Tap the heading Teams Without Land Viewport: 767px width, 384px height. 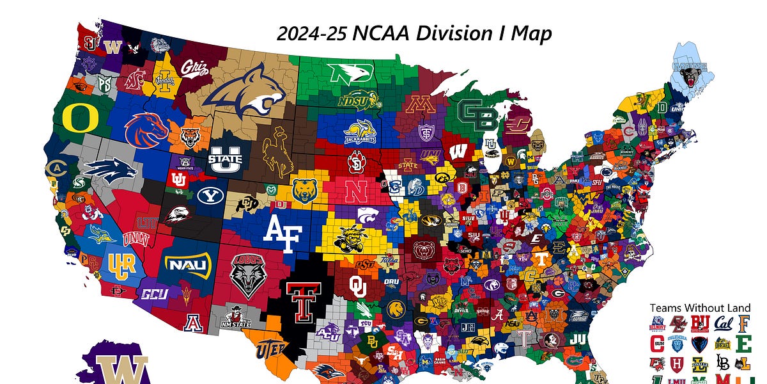(700, 308)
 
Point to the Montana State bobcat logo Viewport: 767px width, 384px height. (245, 95)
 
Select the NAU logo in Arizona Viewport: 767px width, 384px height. (187, 263)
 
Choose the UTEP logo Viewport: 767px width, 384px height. (272, 349)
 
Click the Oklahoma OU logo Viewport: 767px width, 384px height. (359, 286)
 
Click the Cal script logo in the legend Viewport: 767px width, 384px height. (722, 323)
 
